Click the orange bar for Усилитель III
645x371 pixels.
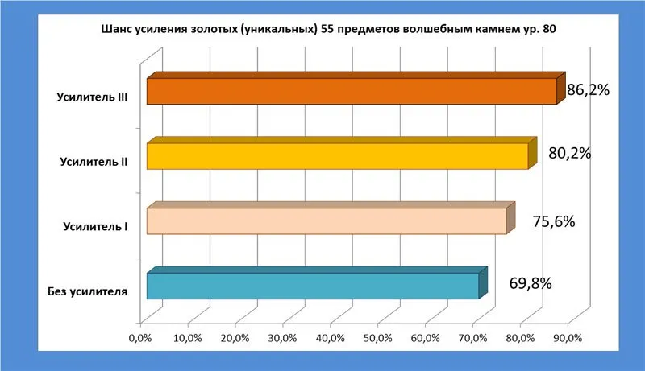tap(351, 92)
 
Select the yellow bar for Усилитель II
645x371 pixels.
tap(337, 156)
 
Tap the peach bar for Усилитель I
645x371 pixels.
tap(326, 221)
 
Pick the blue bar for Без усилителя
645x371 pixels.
tap(312, 286)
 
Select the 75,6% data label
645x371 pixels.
tap(553, 220)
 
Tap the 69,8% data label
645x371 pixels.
tap(531, 283)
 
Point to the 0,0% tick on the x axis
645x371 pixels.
tap(140, 337)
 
